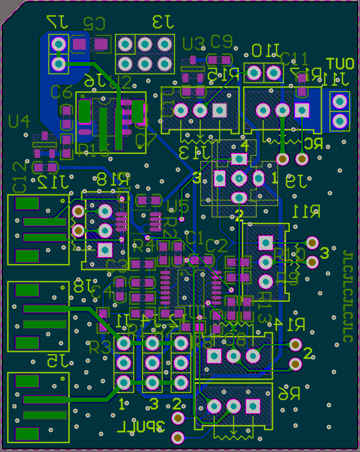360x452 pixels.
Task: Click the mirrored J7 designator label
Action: pos(58,22)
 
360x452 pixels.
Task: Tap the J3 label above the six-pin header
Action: pos(163,23)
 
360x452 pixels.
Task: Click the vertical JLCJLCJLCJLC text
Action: pos(348,295)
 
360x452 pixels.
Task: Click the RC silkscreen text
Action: pos(313,143)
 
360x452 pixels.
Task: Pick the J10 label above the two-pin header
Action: pos(265,51)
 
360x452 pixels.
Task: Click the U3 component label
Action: pos(193,44)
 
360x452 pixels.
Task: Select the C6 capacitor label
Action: pos(61,92)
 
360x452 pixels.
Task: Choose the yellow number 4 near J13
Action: pos(245,144)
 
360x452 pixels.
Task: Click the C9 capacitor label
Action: pos(222,41)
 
